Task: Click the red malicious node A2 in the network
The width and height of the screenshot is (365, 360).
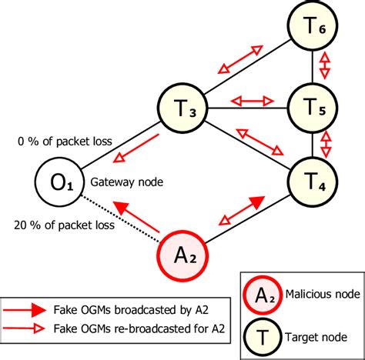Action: (182, 255)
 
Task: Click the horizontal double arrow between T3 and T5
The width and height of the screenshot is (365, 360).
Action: (253, 100)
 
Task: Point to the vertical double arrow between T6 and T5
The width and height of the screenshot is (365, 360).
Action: (325, 66)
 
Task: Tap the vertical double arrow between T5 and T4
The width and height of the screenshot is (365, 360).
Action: (325, 143)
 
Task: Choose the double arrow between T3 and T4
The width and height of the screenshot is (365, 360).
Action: (258, 140)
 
